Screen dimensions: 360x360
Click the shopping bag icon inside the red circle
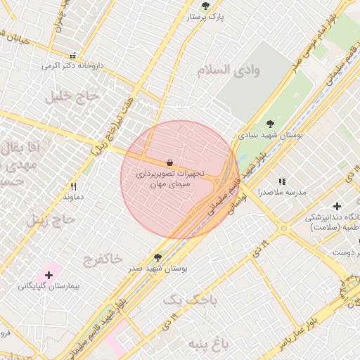pyautogui.click(x=169, y=162)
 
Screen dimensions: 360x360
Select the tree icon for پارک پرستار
pyautogui.click(x=205, y=6)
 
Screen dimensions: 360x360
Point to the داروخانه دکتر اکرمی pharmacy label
pyautogui.click(x=72, y=65)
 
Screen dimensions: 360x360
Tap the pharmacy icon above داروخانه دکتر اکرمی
pyautogui.click(x=72, y=55)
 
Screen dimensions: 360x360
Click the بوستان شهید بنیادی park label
pyautogui.click(x=270, y=134)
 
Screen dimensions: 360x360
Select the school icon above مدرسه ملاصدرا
pyautogui.click(x=283, y=181)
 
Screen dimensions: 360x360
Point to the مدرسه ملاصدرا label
pyautogui.click(x=282, y=192)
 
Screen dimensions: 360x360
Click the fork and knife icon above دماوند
pyautogui.click(x=73, y=186)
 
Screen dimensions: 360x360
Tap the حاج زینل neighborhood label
pyautogui.click(x=51, y=220)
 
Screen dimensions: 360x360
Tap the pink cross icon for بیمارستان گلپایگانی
pyautogui.click(x=49, y=275)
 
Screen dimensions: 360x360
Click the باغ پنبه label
pyautogui.click(x=209, y=344)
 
